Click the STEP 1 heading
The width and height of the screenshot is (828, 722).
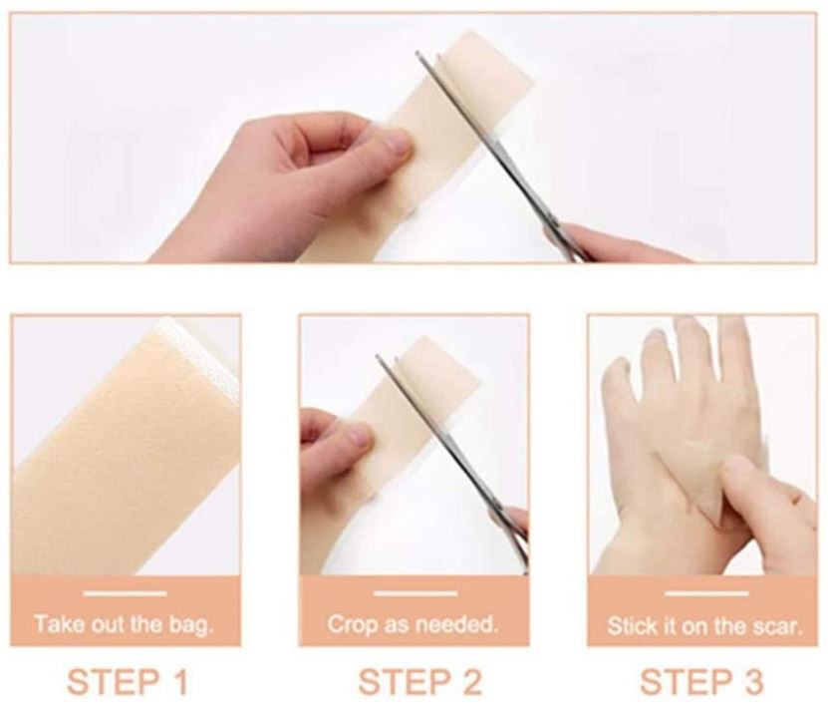[127, 682]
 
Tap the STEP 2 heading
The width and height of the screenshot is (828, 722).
[419, 682]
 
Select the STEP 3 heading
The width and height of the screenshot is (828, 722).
[700, 682]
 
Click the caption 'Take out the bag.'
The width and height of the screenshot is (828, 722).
[125, 625]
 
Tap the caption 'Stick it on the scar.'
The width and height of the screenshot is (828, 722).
[704, 627]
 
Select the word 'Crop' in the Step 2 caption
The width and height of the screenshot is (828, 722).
[351, 625]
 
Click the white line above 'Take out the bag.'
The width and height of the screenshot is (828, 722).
[125, 593]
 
